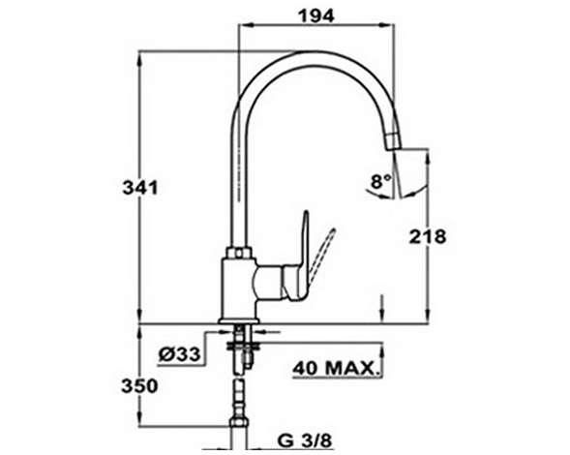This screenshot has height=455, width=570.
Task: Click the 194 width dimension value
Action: (x=315, y=16)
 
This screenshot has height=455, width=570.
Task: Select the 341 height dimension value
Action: (x=140, y=188)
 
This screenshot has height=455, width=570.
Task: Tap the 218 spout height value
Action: (x=428, y=237)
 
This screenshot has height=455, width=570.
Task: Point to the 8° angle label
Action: (x=380, y=181)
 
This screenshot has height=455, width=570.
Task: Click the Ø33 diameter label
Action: (x=180, y=354)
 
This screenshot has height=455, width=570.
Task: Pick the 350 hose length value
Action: (x=139, y=386)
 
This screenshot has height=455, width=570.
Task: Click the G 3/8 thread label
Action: (x=305, y=440)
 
